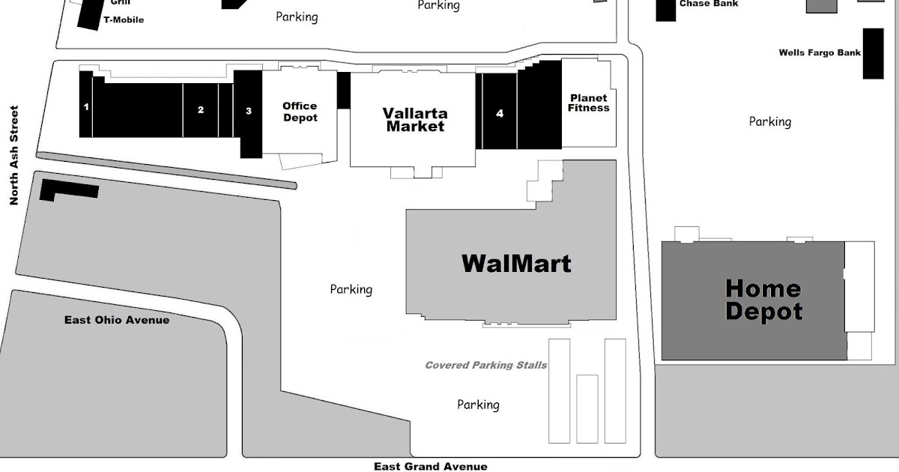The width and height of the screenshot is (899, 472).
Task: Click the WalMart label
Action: pyautogui.click(x=516, y=264)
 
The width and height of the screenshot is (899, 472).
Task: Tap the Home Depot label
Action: pyautogui.click(x=763, y=300)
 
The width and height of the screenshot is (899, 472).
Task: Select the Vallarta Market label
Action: pyautogui.click(x=415, y=120)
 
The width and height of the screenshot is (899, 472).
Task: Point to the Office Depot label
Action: pyautogui.click(x=300, y=112)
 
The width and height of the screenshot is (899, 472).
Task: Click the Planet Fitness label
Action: pyautogui.click(x=588, y=103)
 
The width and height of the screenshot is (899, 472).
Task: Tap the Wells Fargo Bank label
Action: pyautogui.click(x=820, y=52)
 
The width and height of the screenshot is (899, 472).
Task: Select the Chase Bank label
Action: pyautogui.click(x=708, y=4)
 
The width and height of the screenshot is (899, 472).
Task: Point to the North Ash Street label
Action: pyautogui.click(x=13, y=156)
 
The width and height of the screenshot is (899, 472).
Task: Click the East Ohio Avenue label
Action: pyautogui.click(x=117, y=320)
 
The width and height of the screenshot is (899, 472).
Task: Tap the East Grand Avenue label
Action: pyautogui.click(x=431, y=466)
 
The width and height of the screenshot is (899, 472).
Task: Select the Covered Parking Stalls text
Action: pyautogui.click(x=485, y=365)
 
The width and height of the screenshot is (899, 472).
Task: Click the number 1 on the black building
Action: pyautogui.click(x=86, y=107)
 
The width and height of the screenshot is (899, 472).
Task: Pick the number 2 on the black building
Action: pyautogui.click(x=201, y=109)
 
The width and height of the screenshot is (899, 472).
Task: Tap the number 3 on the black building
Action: pyautogui.click(x=249, y=111)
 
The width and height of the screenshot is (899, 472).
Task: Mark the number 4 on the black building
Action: pyautogui.click(x=500, y=114)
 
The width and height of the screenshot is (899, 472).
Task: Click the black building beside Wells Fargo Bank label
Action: pyautogui.click(x=873, y=53)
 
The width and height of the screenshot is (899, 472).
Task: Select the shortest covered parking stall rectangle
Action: pyautogui.click(x=587, y=408)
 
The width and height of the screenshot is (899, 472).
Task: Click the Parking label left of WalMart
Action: pyautogui.click(x=351, y=289)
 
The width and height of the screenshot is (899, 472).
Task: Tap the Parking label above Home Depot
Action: pyautogui.click(x=769, y=121)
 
